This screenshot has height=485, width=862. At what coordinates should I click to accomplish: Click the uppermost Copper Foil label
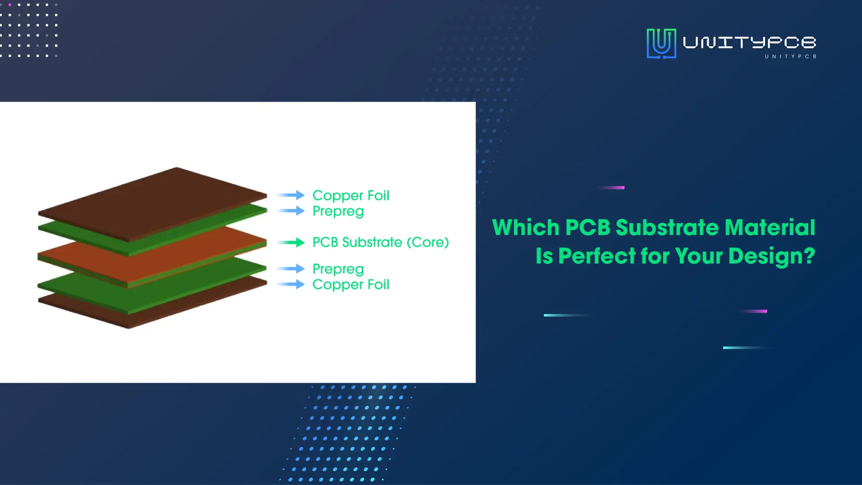coord(351,195)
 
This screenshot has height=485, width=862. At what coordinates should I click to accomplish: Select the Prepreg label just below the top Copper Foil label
coord(338,211)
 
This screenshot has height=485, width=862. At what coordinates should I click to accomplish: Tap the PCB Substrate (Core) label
coord(381,242)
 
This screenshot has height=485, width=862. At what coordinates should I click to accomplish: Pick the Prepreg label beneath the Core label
coord(338,269)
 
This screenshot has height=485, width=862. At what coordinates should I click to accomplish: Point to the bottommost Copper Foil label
coord(351,285)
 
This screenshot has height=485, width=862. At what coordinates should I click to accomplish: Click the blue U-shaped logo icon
coord(661,44)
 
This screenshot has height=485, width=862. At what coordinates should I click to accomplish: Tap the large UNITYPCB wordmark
coord(749,42)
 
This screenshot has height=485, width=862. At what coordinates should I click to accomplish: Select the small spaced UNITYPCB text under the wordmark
coord(791,57)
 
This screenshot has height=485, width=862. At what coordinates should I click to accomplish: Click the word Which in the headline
coord(526,227)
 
